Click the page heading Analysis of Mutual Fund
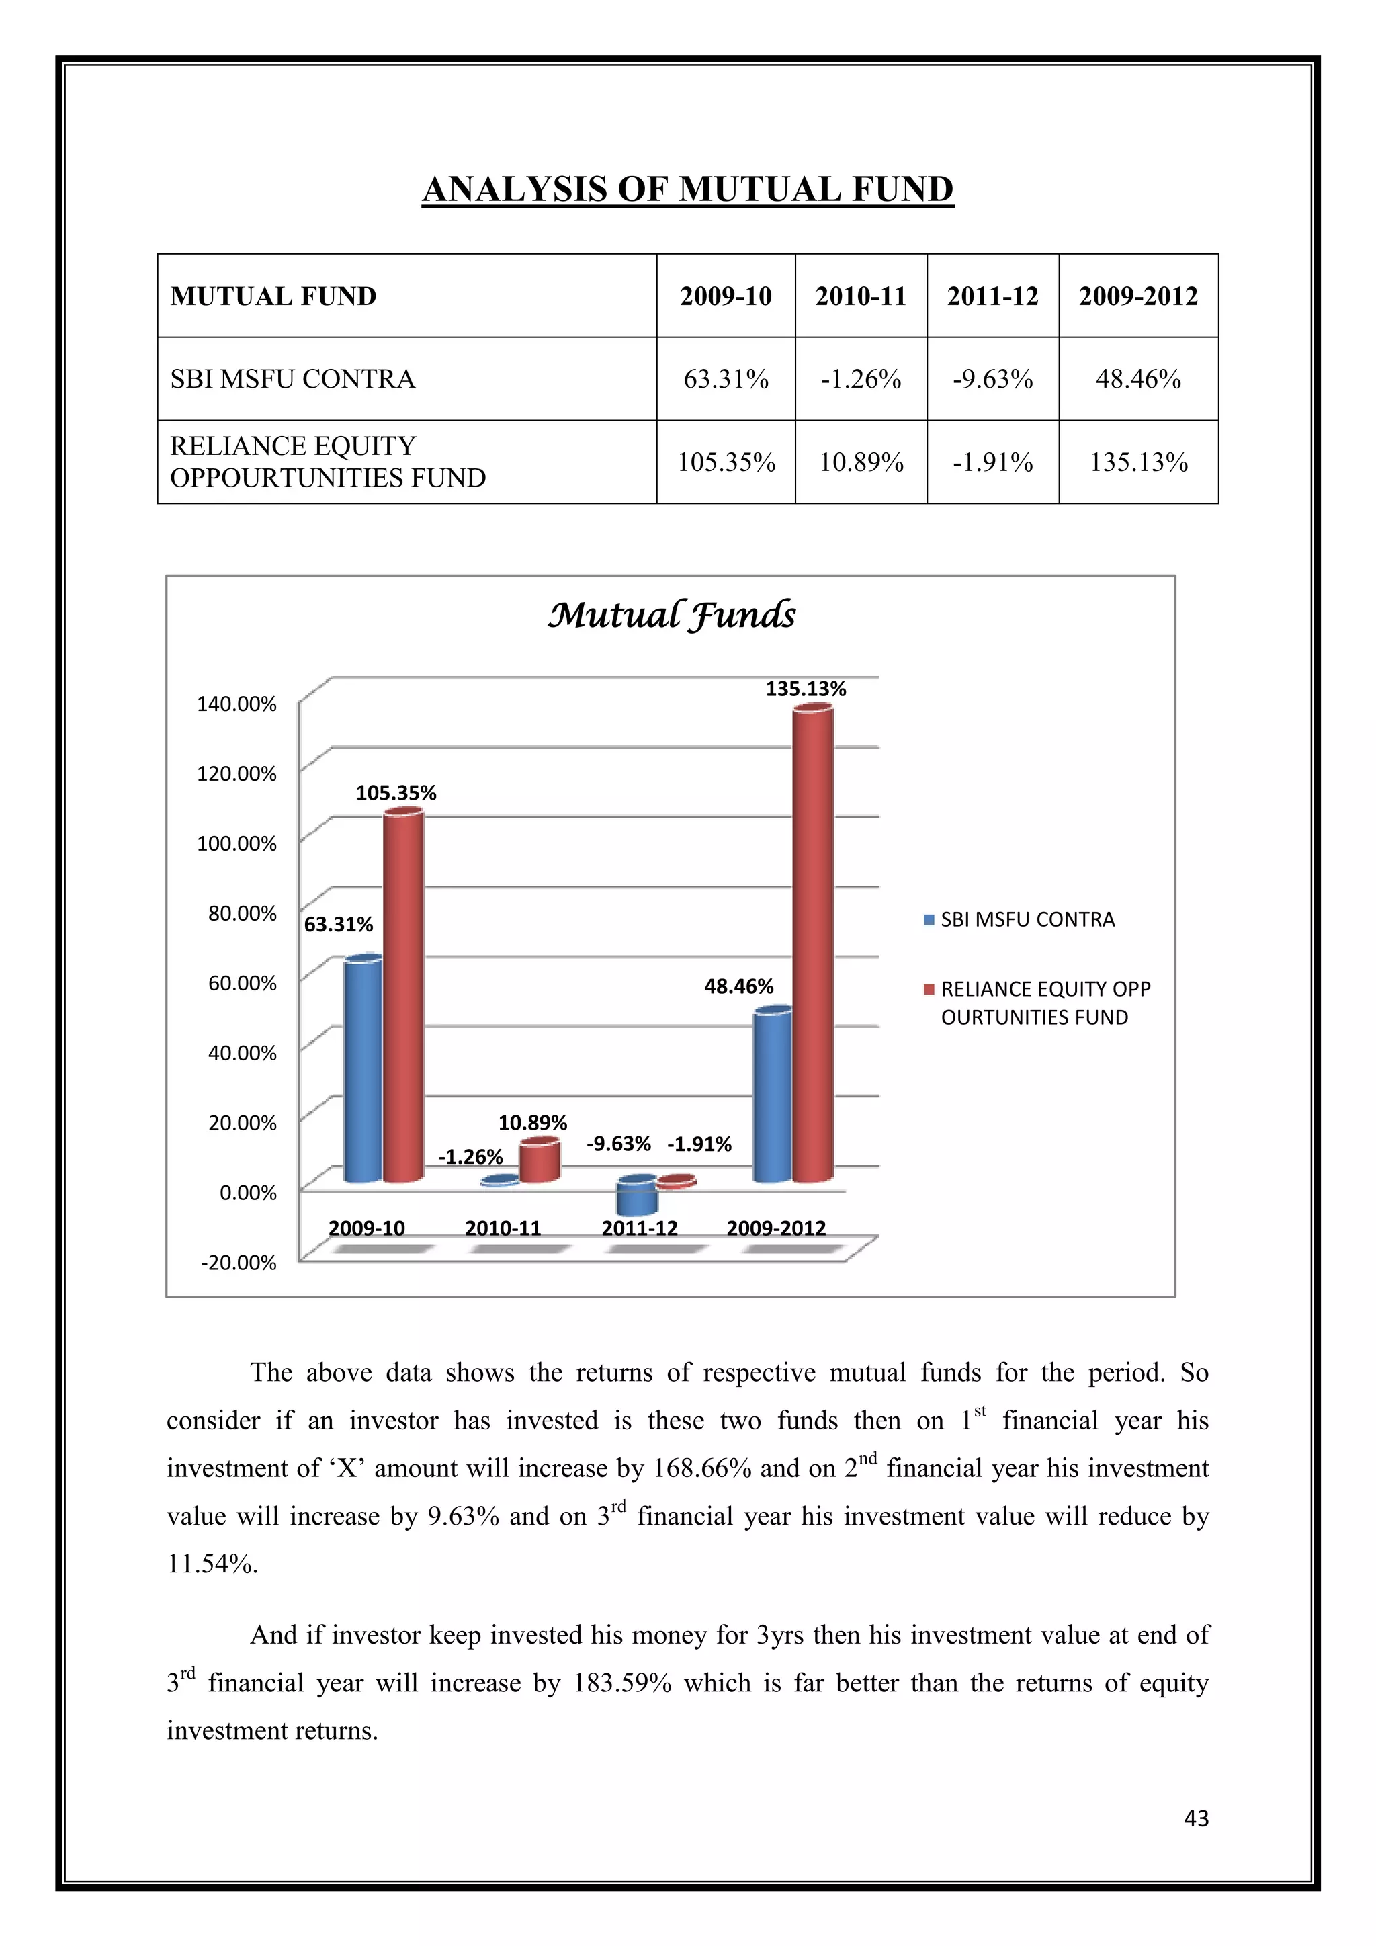687,189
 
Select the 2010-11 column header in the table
860,296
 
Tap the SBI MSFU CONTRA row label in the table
292,379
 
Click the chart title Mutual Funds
671,614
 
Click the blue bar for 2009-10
363,1068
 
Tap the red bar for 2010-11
539,1161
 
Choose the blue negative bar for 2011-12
636,1197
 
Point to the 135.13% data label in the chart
805,689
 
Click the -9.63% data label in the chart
619,1144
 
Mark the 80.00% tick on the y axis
243,913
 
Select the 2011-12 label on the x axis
639,1228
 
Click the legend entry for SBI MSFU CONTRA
1027,920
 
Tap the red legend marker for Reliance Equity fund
929,989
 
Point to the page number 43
1195,1818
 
